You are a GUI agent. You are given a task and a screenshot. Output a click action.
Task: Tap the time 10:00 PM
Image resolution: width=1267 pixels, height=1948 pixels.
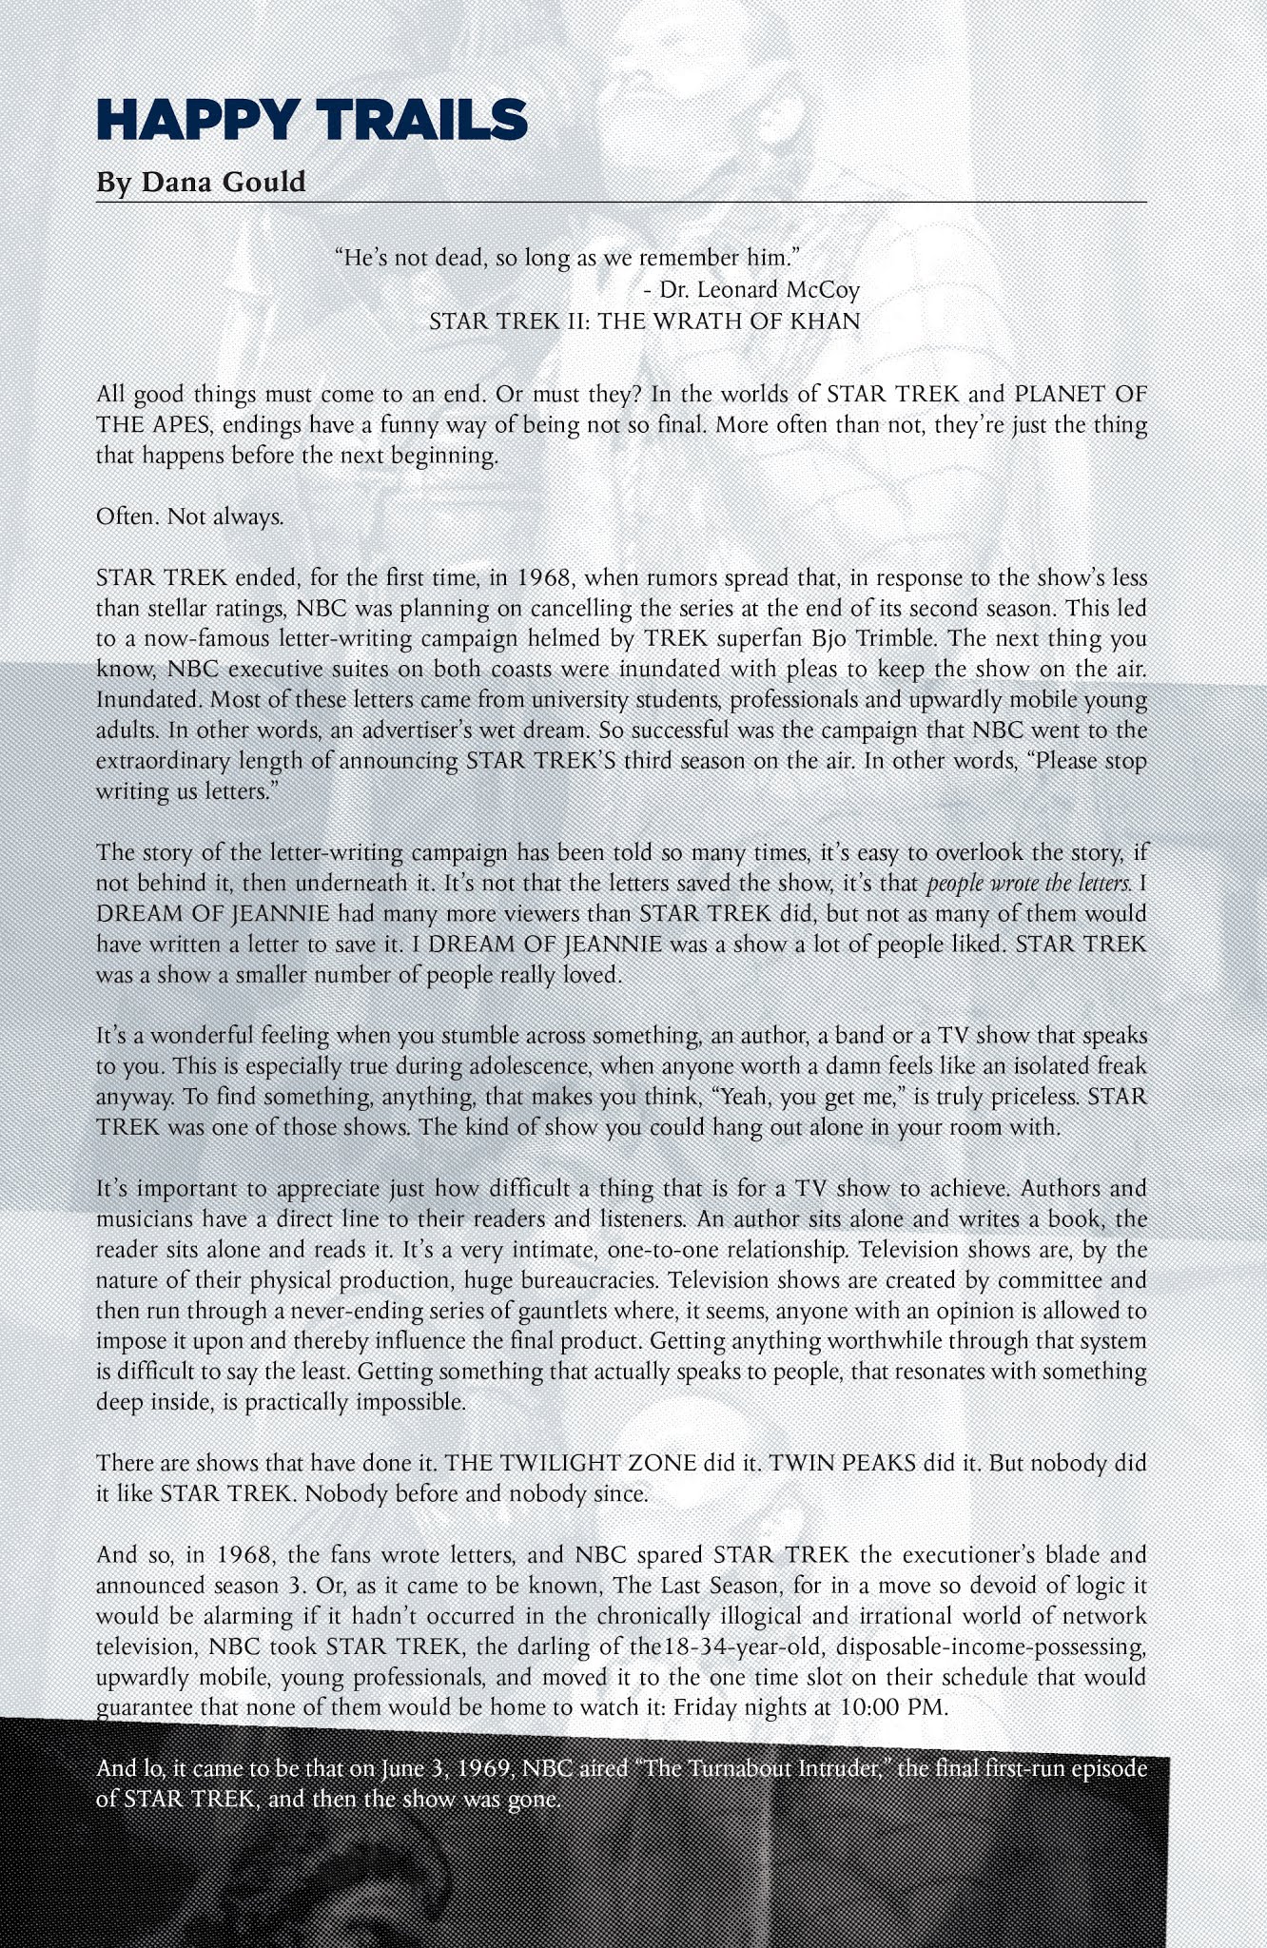click(894, 1706)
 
